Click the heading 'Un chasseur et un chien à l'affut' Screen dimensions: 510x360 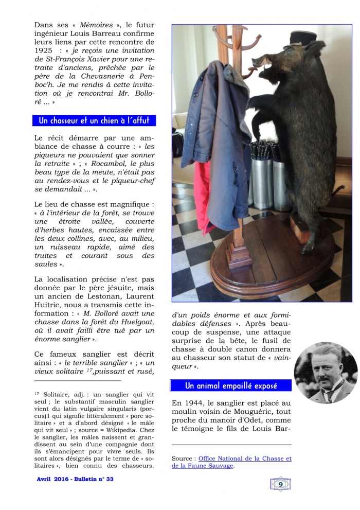[94, 121]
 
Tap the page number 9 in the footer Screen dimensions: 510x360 [280, 483]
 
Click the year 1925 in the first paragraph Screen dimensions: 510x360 [43, 51]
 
